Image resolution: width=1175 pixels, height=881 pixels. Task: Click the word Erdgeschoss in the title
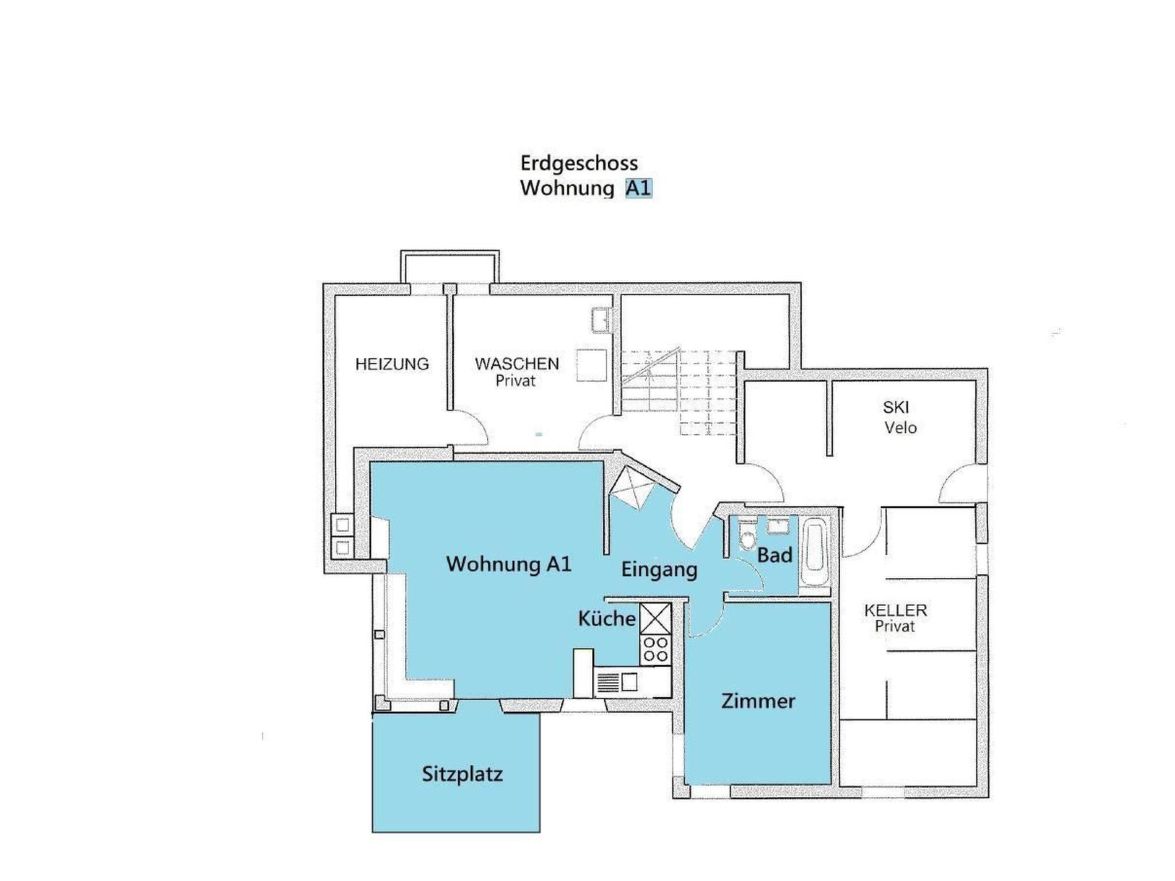[x=579, y=163]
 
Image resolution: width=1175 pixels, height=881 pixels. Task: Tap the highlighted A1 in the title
[x=639, y=188]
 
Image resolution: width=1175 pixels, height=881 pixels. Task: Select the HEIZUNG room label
[x=392, y=364]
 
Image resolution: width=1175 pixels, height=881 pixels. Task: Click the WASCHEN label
[x=517, y=364]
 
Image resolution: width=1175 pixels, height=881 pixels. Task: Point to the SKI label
[x=896, y=407]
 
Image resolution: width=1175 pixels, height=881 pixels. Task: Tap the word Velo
[x=901, y=428]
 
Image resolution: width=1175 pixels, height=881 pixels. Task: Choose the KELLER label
[x=896, y=610]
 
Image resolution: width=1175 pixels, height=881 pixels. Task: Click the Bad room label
[x=775, y=555]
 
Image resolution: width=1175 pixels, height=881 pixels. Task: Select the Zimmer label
[x=758, y=701]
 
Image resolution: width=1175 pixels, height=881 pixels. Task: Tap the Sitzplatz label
[x=462, y=775]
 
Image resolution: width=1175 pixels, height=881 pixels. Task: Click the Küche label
[x=607, y=618]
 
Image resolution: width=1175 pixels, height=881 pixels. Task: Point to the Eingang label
[x=659, y=570]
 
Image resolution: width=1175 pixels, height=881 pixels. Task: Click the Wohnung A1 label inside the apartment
[x=509, y=564]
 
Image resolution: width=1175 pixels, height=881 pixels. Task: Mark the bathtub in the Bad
[x=815, y=552]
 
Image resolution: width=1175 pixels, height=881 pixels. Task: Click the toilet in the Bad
[x=747, y=536]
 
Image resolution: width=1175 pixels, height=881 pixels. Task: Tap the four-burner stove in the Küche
[x=655, y=649]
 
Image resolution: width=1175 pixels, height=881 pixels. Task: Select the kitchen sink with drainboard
[x=617, y=683]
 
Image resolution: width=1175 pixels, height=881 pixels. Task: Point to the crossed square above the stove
[x=655, y=618]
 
